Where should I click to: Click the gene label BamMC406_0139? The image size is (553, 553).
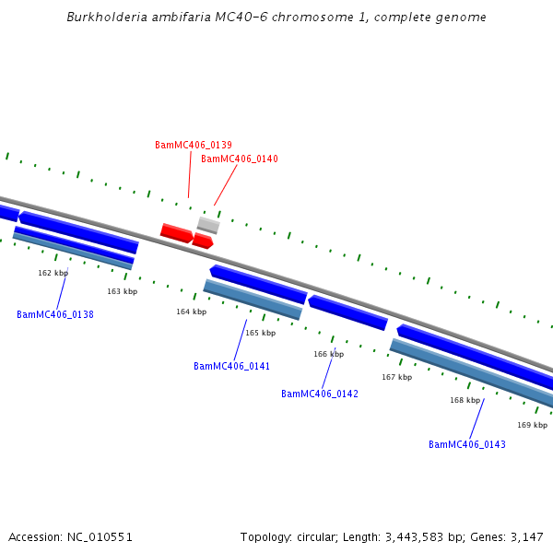point(194,146)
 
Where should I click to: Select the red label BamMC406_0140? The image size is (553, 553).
point(240,159)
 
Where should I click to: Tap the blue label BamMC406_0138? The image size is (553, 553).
point(55,315)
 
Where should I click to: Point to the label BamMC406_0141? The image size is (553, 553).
point(231,367)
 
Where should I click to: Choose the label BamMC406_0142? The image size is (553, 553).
point(320,394)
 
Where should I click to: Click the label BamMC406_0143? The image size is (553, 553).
point(467,445)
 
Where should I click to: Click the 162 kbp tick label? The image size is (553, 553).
point(53,274)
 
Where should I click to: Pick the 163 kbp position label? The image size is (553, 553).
point(122,292)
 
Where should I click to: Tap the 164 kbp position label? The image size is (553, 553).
point(191,312)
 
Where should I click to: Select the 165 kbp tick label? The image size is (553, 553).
point(260,334)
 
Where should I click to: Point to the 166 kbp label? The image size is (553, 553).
point(328,355)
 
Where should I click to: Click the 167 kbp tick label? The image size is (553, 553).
point(396,377)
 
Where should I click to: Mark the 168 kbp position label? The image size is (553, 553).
point(465,401)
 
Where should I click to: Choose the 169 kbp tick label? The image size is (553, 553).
point(532,426)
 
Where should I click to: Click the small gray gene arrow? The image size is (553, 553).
point(208,225)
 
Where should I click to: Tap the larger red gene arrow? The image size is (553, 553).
point(176,232)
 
